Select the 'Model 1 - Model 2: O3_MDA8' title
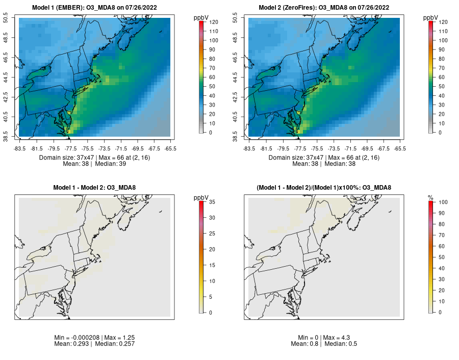(94, 188)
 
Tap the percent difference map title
(324, 188)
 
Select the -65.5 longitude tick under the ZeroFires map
(400, 149)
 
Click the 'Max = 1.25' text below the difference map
(119, 338)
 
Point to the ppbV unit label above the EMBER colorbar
(201, 18)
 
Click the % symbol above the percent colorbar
(430, 197)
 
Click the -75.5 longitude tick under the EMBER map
(89, 149)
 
